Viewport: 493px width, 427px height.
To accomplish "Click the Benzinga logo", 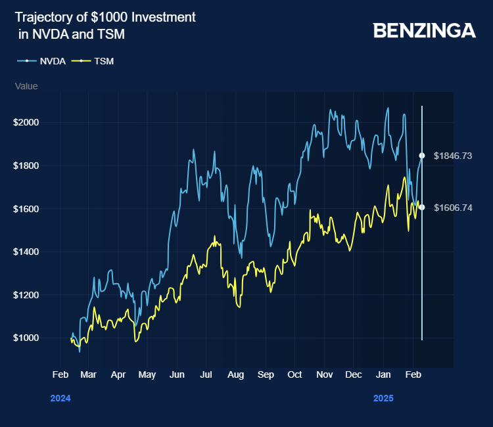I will pos(424,30).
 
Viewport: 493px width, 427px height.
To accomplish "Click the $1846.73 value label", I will pos(453,156).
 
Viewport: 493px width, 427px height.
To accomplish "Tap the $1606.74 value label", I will pos(453,208).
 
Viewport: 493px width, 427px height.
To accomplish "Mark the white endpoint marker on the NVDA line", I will pos(422,156).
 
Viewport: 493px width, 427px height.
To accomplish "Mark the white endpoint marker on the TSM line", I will pos(422,208).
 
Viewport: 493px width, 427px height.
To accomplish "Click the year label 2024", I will pos(60,398).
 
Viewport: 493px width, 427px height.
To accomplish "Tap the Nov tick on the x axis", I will pos(324,374).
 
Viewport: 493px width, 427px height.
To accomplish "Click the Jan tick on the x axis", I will pos(383,374).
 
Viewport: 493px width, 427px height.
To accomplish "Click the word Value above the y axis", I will pos(26,86).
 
